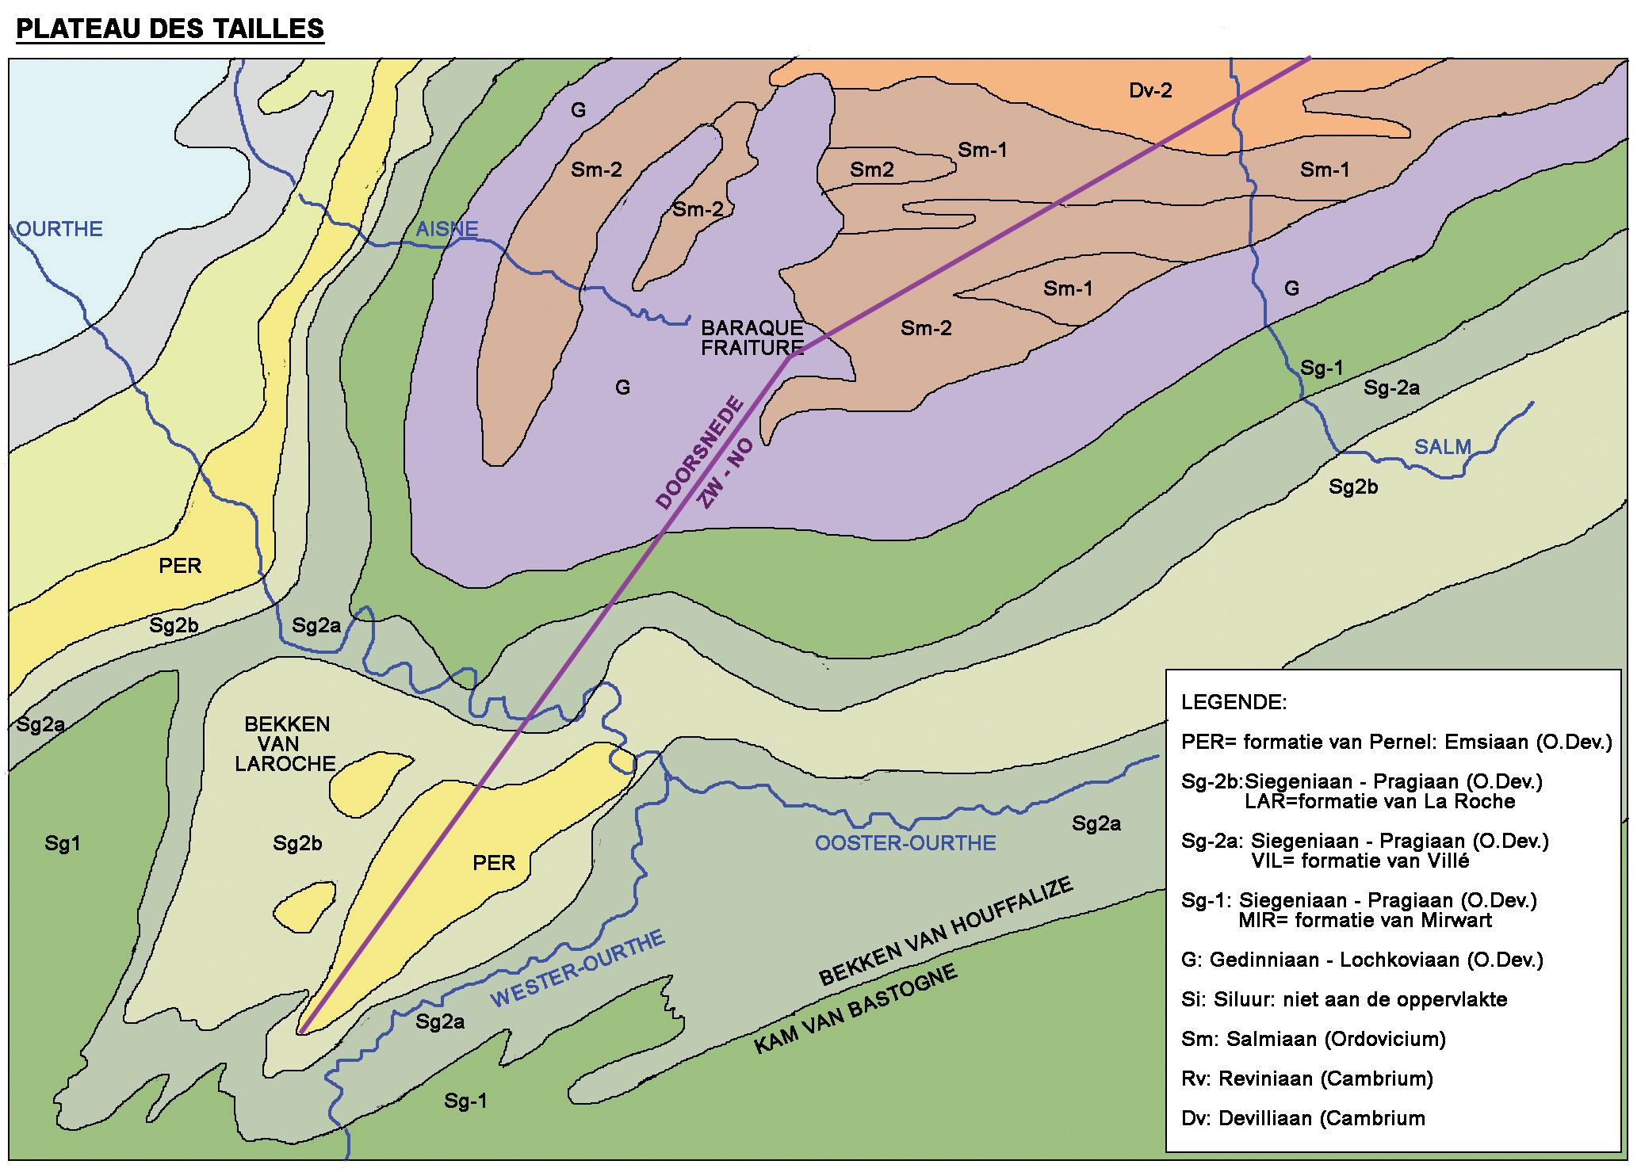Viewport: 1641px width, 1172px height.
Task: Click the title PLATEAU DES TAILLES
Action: click(x=170, y=29)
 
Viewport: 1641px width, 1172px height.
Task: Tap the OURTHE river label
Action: click(x=59, y=229)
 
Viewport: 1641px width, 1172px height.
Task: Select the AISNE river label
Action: click(x=447, y=229)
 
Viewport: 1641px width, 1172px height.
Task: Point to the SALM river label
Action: click(x=1443, y=447)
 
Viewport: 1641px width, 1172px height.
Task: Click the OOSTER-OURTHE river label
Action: click(x=905, y=842)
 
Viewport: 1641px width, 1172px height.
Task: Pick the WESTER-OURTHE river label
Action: click(x=578, y=969)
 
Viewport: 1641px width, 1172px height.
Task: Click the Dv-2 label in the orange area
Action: click(x=1150, y=90)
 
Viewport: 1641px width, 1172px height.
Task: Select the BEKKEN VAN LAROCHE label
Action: click(x=287, y=744)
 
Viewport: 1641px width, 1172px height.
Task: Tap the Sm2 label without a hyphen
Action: click(x=872, y=169)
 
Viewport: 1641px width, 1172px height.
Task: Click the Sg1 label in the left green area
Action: click(x=62, y=844)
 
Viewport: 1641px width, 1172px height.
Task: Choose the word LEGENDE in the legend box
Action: click(x=1234, y=702)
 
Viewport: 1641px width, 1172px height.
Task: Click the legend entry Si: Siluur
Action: click(x=1344, y=999)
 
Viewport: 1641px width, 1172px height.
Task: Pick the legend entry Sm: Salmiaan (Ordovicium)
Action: click(x=1314, y=1039)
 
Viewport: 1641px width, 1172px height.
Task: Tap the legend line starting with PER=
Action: click(x=1396, y=742)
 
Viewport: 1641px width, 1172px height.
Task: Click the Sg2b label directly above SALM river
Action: click(x=1353, y=487)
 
